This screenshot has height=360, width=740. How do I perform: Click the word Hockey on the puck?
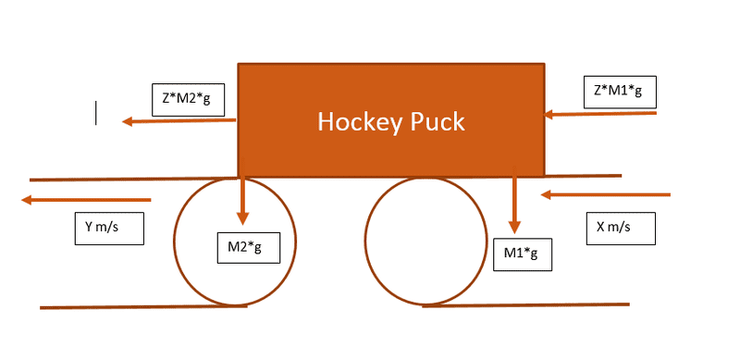coord(358,122)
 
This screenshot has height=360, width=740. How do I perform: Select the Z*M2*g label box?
coord(188,100)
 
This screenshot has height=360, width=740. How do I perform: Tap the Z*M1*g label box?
coord(620,92)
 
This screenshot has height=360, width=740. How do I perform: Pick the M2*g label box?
coord(248,248)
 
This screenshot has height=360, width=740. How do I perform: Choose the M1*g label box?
coord(523,254)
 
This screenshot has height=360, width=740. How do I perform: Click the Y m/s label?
coord(109,229)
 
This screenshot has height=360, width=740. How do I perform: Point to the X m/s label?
coord(621,229)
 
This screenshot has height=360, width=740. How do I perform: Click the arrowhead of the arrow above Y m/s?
coord(27,200)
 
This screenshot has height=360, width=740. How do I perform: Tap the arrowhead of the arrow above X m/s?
coord(546,194)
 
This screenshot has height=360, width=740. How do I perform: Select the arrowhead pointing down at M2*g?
coord(242,218)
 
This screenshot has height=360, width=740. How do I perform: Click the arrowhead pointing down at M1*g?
coord(514,228)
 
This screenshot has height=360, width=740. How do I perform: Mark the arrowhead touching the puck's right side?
coord(549,115)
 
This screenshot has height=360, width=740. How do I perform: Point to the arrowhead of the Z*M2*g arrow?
coord(128,122)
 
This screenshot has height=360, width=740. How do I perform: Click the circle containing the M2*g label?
coord(174,242)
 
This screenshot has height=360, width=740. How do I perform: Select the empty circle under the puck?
coord(364,242)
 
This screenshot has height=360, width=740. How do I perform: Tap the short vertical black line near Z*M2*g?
coord(96,113)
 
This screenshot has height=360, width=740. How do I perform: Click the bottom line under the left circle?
coord(143,307)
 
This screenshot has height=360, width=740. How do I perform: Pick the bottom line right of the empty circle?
coord(525,305)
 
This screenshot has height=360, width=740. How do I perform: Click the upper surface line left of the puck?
coord(133,179)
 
